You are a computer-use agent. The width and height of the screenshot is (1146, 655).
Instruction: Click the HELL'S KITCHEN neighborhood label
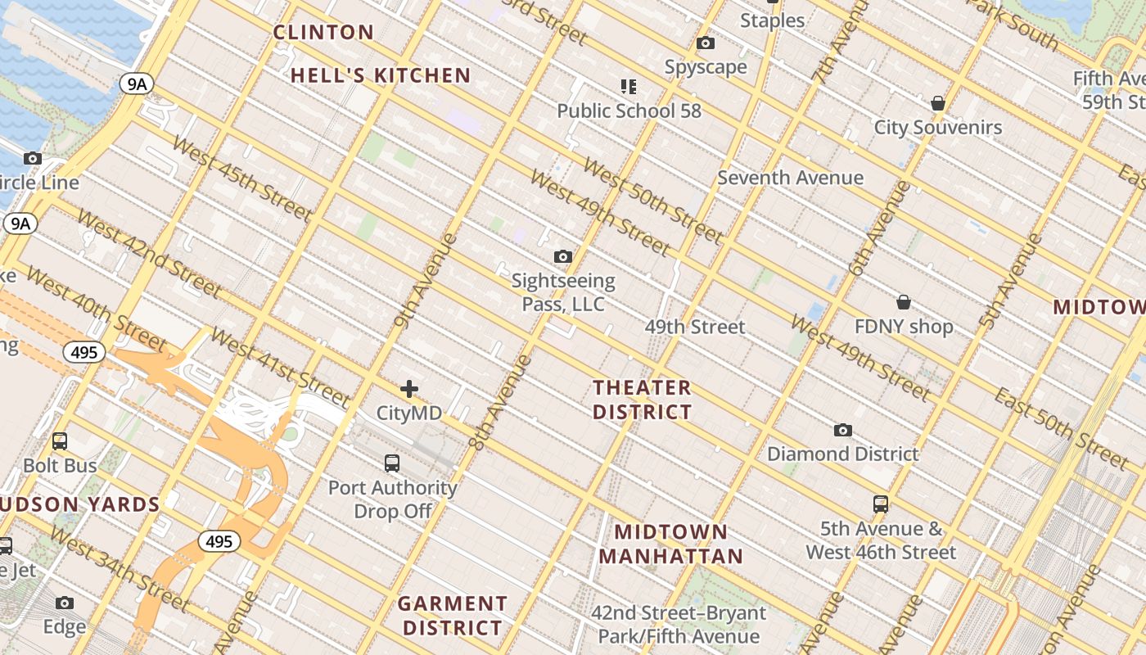381,76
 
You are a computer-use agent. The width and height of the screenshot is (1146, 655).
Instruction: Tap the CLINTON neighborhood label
323,33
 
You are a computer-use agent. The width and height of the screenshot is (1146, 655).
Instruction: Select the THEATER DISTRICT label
643,400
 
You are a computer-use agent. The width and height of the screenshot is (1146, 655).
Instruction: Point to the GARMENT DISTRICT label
452,616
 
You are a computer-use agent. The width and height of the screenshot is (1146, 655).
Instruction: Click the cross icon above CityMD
409,389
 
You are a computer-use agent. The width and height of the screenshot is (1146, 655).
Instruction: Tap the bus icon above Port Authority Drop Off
392,463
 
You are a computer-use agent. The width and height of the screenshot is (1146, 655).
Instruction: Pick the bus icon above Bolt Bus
60,441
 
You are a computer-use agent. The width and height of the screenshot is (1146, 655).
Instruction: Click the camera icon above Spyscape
706,43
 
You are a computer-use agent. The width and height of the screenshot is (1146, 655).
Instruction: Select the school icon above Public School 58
629,86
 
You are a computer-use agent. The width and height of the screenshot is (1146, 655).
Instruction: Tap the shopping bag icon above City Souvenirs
938,103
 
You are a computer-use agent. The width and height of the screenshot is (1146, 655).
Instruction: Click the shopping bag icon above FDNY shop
904,302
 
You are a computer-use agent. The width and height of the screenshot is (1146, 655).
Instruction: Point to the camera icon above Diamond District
842,430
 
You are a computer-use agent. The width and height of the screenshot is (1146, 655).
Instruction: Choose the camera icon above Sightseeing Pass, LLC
563,257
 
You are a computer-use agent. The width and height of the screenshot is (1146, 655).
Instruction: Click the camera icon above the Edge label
65,603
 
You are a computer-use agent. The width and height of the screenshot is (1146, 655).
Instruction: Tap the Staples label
772,20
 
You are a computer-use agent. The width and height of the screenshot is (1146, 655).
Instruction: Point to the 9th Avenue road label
425,281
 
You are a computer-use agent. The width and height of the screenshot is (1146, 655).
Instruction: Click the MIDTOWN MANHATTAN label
670,544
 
